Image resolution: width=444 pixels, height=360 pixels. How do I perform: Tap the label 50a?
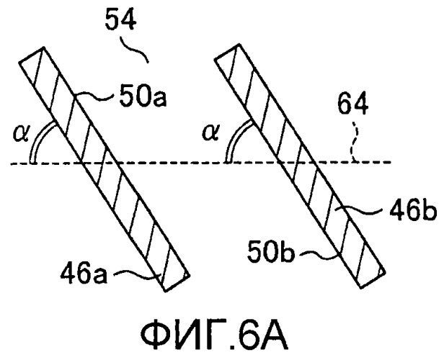pyautogui.click(x=143, y=96)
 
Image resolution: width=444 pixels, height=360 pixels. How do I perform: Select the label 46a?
pyautogui.click(x=84, y=274)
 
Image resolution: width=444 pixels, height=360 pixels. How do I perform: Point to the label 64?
pyautogui.click(x=353, y=104)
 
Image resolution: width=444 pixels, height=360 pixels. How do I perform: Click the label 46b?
pyautogui.click(x=413, y=211)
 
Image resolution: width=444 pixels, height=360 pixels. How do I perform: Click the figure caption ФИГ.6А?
pyautogui.click(x=214, y=336)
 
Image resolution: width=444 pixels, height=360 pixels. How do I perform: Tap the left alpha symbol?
pyautogui.click(x=21, y=133)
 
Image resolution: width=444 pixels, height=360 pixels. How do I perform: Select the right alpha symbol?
pyautogui.click(x=210, y=133)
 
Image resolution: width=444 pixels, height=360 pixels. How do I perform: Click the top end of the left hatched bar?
pyautogui.click(x=31, y=54)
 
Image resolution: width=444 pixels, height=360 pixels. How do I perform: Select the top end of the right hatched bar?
pyautogui.click(x=227, y=51)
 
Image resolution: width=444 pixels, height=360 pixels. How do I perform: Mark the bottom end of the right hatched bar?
pyautogui.click(x=372, y=279)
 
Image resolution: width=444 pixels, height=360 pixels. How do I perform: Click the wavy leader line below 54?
pyautogui.click(x=133, y=49)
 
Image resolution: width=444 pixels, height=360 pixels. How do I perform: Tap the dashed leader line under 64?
pyautogui.click(x=355, y=141)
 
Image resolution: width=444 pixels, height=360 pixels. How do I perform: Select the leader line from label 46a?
pyautogui.click(x=135, y=274)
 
